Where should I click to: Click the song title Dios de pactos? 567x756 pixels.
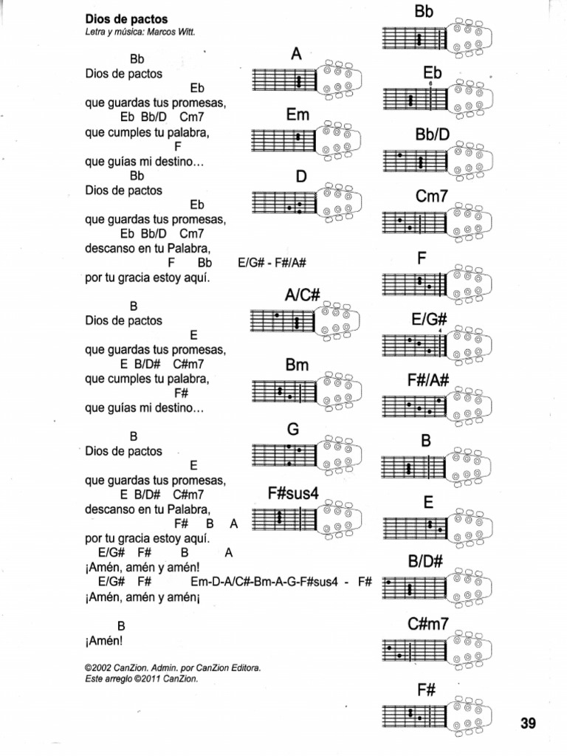[126, 19]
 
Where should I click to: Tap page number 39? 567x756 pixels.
[528, 724]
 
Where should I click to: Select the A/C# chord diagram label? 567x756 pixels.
[301, 295]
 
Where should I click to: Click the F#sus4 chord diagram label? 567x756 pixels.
[293, 494]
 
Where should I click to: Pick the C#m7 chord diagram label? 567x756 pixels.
[428, 624]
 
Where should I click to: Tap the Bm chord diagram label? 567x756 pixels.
[297, 365]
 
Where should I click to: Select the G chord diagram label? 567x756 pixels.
[292, 430]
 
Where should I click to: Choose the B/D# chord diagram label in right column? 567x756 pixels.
[425, 561]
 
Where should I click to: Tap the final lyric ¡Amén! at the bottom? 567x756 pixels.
[104, 641]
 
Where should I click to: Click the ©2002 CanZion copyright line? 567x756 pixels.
[173, 667]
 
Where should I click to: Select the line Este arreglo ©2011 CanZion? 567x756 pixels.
[142, 678]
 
